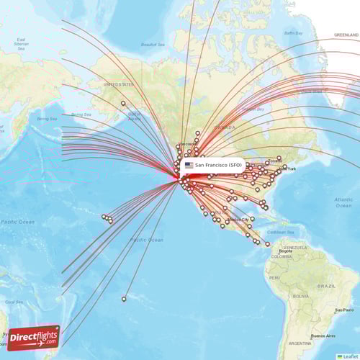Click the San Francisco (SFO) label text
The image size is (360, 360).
click(x=219, y=165)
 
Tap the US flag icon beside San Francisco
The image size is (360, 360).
click(x=189, y=165)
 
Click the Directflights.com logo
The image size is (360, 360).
click(x=34, y=337)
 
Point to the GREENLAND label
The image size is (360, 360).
click(x=346, y=35)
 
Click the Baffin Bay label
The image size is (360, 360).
click(x=294, y=32)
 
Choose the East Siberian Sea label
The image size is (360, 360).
click(x=20, y=42)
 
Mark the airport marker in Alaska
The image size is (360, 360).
click(x=123, y=104)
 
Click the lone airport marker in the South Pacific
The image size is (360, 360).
click(x=124, y=299)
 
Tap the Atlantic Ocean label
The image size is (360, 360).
click(x=343, y=201)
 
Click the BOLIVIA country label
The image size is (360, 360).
click(x=301, y=296)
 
